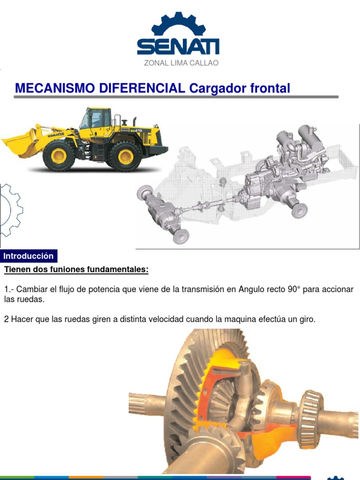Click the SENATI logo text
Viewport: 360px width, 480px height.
(x=178, y=47)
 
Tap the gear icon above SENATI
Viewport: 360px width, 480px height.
(x=178, y=24)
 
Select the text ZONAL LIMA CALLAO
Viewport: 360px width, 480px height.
(x=181, y=63)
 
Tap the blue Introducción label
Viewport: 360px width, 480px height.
(x=29, y=256)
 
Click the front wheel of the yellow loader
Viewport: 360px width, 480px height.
(x=59, y=156)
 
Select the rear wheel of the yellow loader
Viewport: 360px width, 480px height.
(x=125, y=156)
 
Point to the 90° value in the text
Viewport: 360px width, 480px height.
(x=292, y=289)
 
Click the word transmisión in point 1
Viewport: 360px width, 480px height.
(x=203, y=289)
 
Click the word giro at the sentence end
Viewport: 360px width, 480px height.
(x=307, y=319)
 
